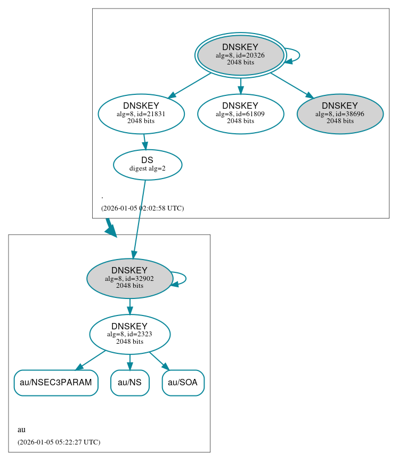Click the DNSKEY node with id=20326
click(x=240, y=55)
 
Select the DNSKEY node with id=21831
click(x=141, y=114)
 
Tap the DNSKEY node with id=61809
click(x=240, y=114)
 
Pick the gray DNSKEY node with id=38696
click(x=340, y=114)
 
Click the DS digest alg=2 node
click(x=148, y=165)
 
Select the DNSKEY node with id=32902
click(x=129, y=278)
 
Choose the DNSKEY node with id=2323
click(x=129, y=334)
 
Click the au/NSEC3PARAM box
click(x=56, y=383)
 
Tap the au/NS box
click(x=129, y=383)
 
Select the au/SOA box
click(x=183, y=383)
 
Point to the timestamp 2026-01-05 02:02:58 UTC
click(x=142, y=208)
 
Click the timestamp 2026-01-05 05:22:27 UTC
click(x=59, y=442)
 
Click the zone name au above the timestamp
click(x=21, y=430)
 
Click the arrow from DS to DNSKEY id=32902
click(x=139, y=219)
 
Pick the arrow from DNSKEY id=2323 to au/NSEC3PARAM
click(x=91, y=360)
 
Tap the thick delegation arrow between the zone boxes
click(x=111, y=228)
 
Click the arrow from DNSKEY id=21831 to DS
click(x=144, y=142)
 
